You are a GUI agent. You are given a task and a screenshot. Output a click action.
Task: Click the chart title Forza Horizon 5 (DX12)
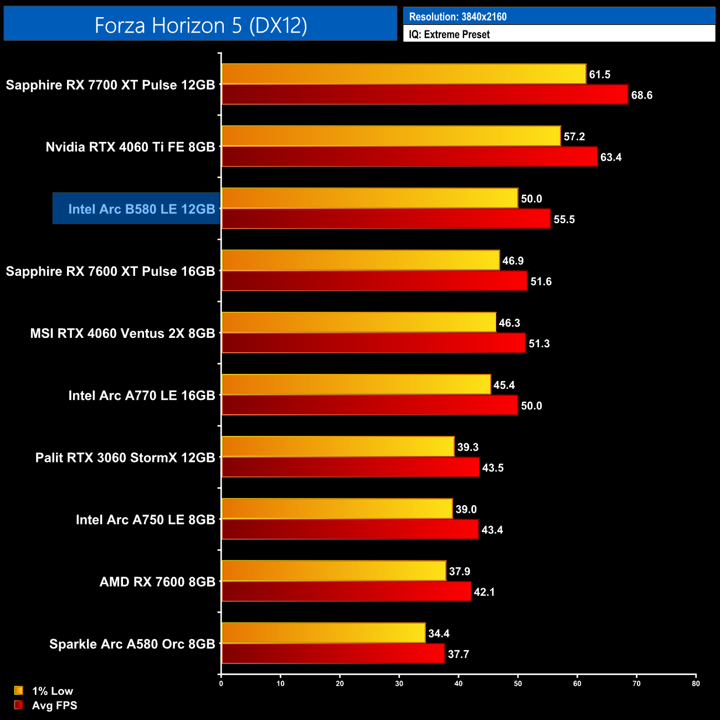click(x=200, y=25)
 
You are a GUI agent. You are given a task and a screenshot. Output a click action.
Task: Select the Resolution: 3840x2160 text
click(x=457, y=17)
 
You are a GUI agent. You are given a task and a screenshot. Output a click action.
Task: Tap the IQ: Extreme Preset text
click(x=449, y=34)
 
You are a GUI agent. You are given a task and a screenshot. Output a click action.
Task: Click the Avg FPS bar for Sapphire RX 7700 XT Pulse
click(x=425, y=95)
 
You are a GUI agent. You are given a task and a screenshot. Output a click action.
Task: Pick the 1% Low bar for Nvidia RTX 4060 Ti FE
click(x=391, y=136)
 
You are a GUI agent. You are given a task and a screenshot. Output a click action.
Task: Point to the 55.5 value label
click(x=564, y=219)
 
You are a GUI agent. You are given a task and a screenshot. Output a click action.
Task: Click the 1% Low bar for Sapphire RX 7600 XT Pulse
click(x=361, y=260)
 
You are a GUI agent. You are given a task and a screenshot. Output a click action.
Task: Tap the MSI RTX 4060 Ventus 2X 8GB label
click(x=122, y=333)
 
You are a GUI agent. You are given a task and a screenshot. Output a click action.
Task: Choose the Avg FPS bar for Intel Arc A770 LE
click(x=369, y=405)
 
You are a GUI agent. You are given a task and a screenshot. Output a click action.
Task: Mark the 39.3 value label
click(x=467, y=447)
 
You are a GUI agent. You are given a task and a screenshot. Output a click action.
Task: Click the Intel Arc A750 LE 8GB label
click(x=145, y=520)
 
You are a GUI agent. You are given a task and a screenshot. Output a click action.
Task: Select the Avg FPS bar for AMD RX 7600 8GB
click(x=346, y=592)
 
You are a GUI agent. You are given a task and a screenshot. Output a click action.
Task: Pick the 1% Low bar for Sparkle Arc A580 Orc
click(x=323, y=633)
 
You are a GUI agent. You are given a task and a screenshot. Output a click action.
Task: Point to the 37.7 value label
click(x=458, y=654)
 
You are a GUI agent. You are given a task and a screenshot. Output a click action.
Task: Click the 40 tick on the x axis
click(x=459, y=683)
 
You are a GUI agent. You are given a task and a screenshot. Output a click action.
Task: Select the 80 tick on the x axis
click(x=696, y=683)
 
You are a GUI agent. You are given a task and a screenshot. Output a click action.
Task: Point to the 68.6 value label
click(x=641, y=95)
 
